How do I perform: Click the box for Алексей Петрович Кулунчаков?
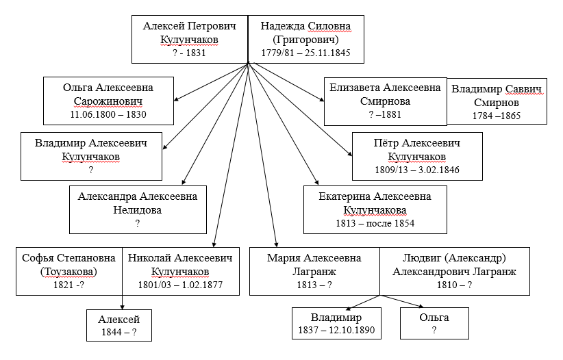click(x=190, y=40)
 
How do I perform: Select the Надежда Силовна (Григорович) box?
click(x=306, y=40)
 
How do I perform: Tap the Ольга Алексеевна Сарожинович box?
click(x=108, y=101)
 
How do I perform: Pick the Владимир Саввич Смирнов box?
click(x=497, y=101)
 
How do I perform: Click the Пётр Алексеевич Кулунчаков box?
click(x=417, y=157)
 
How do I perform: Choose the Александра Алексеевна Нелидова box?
click(x=138, y=209)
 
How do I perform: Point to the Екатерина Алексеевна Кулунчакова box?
click(x=375, y=209)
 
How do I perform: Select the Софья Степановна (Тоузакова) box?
click(x=69, y=271)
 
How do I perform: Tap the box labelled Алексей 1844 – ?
click(x=119, y=326)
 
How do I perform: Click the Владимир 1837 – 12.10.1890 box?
click(x=336, y=324)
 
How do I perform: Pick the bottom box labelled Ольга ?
click(x=434, y=324)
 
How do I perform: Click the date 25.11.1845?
click(x=327, y=53)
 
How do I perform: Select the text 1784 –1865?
click(x=497, y=116)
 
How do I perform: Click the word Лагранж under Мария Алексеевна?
click(x=314, y=272)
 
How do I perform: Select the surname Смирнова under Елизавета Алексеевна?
click(x=386, y=101)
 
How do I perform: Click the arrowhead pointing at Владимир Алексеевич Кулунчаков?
click(x=165, y=146)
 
